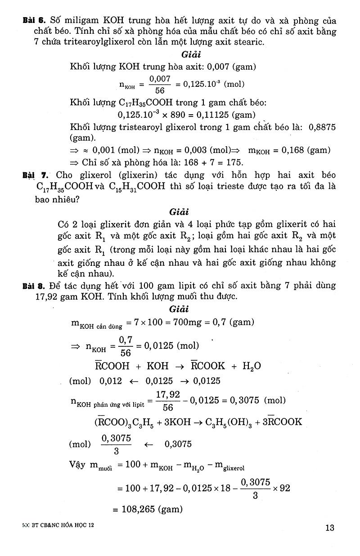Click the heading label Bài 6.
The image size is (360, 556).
pyautogui.click(x=35, y=21)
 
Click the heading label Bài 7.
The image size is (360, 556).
pyautogui.click(x=35, y=175)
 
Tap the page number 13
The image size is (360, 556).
pyautogui.click(x=330, y=528)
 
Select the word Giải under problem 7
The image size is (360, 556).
pyautogui.click(x=179, y=211)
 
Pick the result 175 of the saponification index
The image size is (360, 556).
pyautogui.click(x=235, y=162)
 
